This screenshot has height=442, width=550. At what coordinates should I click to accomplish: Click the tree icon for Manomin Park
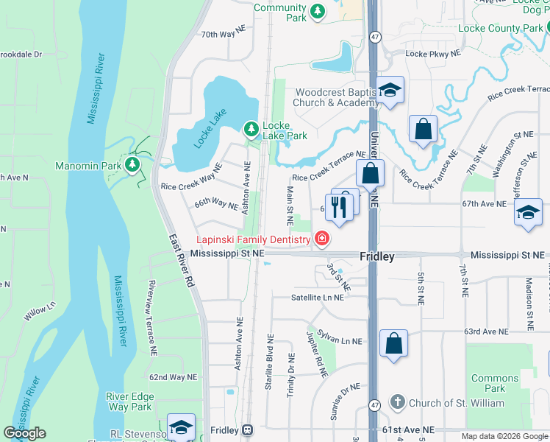(132, 165)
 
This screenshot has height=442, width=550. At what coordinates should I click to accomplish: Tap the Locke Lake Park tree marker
(251, 130)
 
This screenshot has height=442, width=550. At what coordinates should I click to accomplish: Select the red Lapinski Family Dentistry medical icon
(321, 238)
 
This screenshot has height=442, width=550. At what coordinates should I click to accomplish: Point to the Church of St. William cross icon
(397, 402)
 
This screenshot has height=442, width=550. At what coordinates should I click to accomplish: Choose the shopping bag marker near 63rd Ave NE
(394, 343)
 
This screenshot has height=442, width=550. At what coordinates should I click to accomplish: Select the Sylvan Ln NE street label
(340, 340)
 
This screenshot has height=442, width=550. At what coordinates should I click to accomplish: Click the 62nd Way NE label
(174, 376)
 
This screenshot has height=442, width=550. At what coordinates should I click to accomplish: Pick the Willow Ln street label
(40, 312)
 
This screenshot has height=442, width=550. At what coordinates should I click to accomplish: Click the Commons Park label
(494, 383)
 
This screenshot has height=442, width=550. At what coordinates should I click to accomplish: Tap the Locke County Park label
(500, 28)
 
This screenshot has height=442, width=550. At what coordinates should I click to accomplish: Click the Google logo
(25, 432)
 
